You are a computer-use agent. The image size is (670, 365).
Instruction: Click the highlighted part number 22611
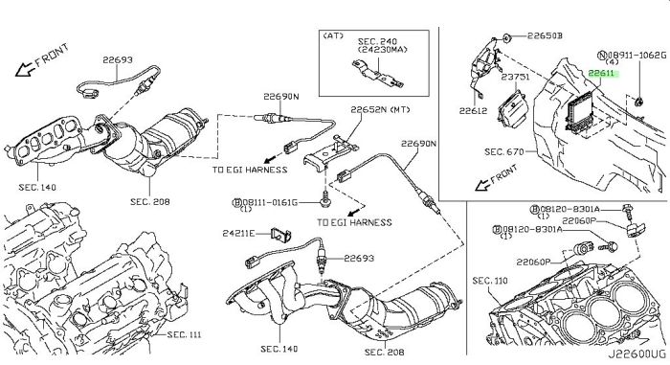click(x=601, y=73)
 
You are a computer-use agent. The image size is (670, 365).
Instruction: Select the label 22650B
click(x=545, y=36)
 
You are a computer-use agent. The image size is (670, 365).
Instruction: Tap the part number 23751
click(x=515, y=77)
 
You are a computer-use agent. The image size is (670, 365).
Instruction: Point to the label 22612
click(x=474, y=111)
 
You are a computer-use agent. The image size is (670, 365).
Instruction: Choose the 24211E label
click(x=238, y=233)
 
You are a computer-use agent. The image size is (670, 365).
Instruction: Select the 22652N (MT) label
click(x=380, y=110)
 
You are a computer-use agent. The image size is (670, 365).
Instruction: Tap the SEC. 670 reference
click(x=504, y=151)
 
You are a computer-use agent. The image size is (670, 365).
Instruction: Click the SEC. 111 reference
click(x=184, y=334)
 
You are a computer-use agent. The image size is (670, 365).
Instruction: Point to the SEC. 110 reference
click(x=490, y=281)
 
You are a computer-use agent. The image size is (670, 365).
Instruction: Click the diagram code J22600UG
click(x=637, y=354)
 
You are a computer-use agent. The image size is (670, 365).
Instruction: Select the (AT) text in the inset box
click(x=334, y=35)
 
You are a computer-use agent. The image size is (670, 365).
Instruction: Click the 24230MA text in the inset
click(x=383, y=50)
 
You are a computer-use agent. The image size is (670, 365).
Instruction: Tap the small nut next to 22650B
click(x=507, y=38)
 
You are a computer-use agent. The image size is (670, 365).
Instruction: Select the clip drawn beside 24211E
click(x=280, y=235)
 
